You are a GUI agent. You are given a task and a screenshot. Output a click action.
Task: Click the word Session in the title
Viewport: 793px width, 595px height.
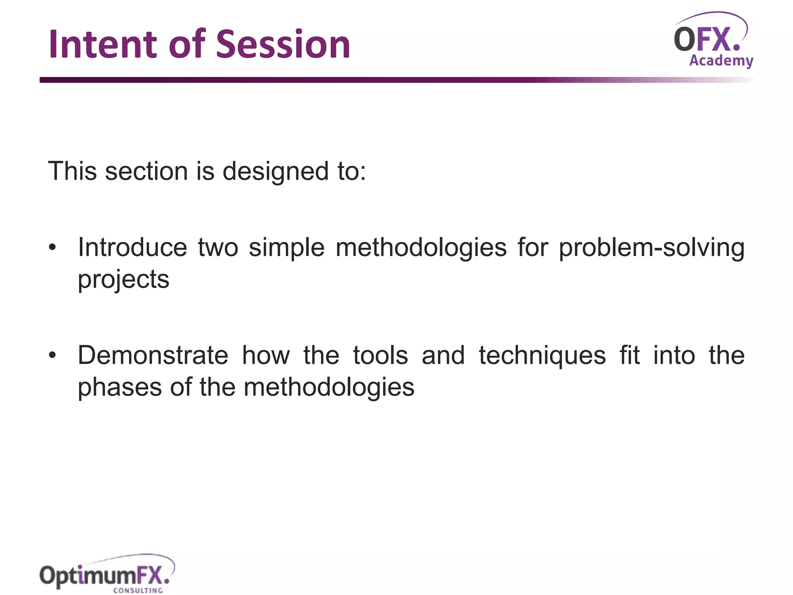(x=283, y=45)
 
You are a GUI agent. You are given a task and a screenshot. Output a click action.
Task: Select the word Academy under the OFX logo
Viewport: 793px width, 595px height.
(x=721, y=61)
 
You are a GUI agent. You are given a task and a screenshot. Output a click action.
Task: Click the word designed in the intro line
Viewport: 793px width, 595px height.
(x=275, y=171)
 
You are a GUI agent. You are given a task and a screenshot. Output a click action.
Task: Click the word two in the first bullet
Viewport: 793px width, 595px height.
(x=218, y=248)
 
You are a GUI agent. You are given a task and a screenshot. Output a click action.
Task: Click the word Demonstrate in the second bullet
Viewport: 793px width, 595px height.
(x=153, y=356)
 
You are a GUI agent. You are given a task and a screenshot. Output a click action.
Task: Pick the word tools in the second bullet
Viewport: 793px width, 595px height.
(x=380, y=356)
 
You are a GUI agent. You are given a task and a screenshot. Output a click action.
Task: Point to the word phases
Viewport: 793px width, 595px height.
(x=120, y=387)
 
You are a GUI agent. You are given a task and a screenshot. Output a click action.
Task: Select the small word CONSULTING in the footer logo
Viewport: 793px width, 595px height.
(x=138, y=590)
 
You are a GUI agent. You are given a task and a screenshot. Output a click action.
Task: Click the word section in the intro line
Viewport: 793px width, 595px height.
(x=146, y=171)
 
